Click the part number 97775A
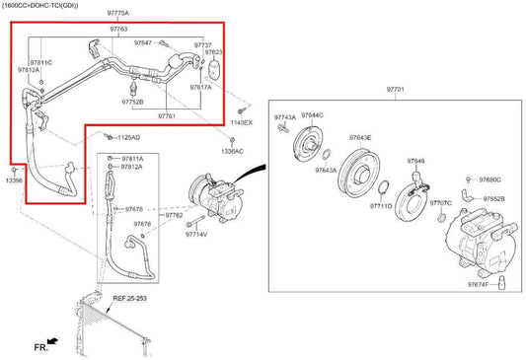tap(116, 12)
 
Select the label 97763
tap(118, 30)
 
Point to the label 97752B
tap(131, 102)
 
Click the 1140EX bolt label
tap(242, 122)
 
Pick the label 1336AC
tap(234, 151)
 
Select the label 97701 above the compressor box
tap(396, 89)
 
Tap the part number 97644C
tap(312, 116)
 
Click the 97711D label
tap(381, 206)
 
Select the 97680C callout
tap(489, 180)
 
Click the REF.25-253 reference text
tap(130, 297)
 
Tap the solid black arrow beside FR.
tap(51, 341)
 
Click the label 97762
tap(174, 215)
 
